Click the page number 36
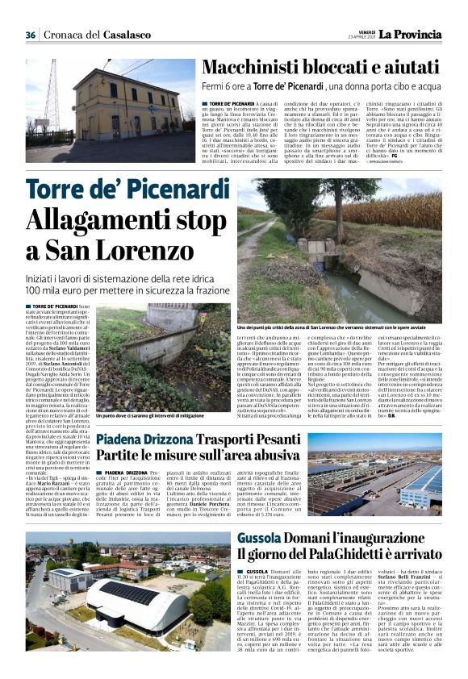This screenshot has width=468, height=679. tap(31, 35)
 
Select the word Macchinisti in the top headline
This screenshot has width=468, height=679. tap(249, 68)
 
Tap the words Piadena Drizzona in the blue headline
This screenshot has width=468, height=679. tap(164, 440)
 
